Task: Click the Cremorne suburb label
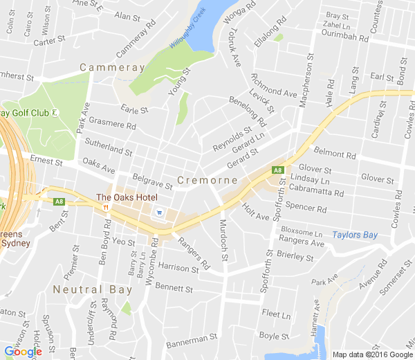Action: pos(207,180)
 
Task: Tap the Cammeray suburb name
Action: pos(112,67)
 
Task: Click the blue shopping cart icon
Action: pos(160,213)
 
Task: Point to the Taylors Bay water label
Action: pos(355,235)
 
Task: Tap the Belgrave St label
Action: pos(152,181)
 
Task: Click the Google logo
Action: pos(23,352)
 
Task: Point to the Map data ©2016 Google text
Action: pos(371,354)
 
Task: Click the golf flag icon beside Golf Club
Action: pos(55,112)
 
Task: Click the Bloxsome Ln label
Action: pos(302,233)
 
